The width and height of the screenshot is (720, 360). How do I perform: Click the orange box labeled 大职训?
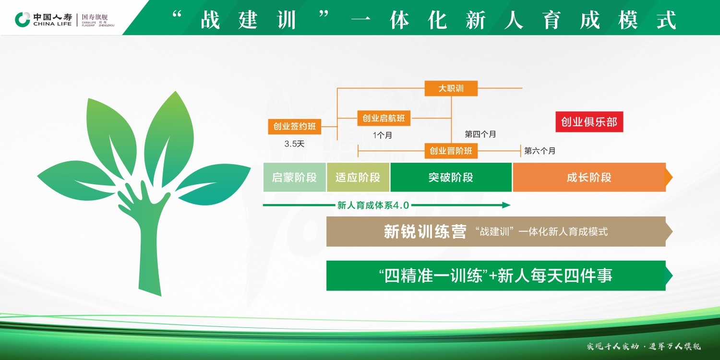451,88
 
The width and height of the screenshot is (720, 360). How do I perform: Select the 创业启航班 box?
384,118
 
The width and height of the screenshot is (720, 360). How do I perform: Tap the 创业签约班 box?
294,126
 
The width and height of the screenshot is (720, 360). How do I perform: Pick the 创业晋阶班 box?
451,151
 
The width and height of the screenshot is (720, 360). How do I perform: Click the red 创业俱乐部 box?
589,122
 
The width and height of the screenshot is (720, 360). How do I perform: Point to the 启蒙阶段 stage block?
294,177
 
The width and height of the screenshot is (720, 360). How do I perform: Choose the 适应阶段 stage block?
358,177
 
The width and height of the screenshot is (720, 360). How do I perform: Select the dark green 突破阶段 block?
451,177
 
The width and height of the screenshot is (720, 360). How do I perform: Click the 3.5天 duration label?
294,144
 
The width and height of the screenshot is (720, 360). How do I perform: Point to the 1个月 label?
383,135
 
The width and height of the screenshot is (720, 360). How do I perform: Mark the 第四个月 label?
480,134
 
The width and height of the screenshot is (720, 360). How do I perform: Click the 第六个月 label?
540,151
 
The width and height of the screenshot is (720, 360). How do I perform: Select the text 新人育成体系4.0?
373,205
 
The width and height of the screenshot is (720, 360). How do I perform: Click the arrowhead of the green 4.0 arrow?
506,205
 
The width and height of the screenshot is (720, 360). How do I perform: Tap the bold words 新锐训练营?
425,231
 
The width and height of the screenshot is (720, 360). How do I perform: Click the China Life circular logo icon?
23,20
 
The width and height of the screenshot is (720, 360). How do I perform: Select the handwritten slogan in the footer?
644,346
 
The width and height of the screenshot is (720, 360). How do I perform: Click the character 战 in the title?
210,20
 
